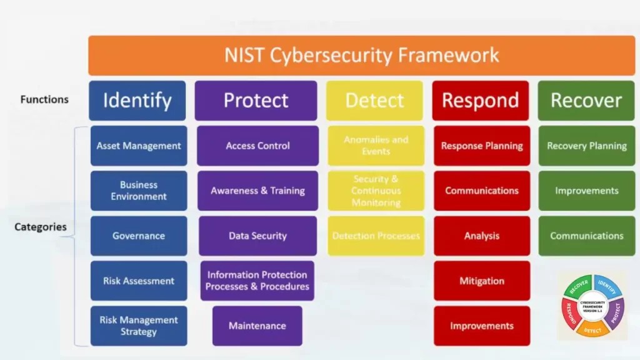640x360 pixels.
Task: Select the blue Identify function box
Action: (137, 100)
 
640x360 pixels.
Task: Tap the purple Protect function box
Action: (256, 100)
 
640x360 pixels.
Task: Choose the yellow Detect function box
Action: (375, 100)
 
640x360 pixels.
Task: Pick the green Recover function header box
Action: (586, 100)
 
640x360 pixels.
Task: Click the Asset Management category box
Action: (139, 146)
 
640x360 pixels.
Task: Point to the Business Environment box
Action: (139, 191)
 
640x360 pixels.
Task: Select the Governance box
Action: (139, 236)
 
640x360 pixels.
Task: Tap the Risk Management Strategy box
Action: (139, 326)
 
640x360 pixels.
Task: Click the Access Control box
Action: (257, 146)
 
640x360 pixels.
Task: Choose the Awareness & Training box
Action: (257, 191)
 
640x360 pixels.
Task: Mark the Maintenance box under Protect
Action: (257, 326)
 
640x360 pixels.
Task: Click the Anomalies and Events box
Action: (376, 146)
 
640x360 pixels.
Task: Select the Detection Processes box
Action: (376, 236)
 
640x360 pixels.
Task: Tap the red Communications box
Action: (482, 191)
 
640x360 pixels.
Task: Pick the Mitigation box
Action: (482, 281)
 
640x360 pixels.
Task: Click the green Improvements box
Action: (586, 191)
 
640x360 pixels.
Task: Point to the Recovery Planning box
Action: (586, 146)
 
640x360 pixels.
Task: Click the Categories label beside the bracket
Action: (41, 227)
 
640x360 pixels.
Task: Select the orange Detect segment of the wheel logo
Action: (593, 329)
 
